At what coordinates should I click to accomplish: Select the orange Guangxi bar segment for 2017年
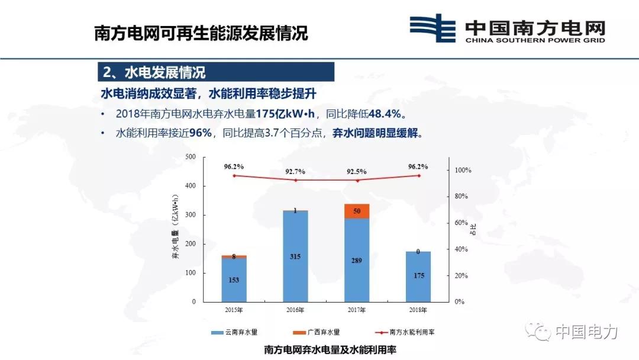coord(357,211)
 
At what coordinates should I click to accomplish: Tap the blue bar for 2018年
coord(418,277)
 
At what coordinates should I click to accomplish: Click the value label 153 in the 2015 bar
coord(234,280)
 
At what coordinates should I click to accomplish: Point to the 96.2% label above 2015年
coord(234,167)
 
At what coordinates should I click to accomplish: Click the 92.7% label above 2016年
coord(295,172)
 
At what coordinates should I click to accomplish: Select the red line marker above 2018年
coord(418,175)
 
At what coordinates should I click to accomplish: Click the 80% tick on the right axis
coord(463,197)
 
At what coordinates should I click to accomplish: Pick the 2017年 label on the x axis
coord(357,310)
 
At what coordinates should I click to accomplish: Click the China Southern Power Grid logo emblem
coord(433,28)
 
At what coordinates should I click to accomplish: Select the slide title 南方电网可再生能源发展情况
coord(201,33)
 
